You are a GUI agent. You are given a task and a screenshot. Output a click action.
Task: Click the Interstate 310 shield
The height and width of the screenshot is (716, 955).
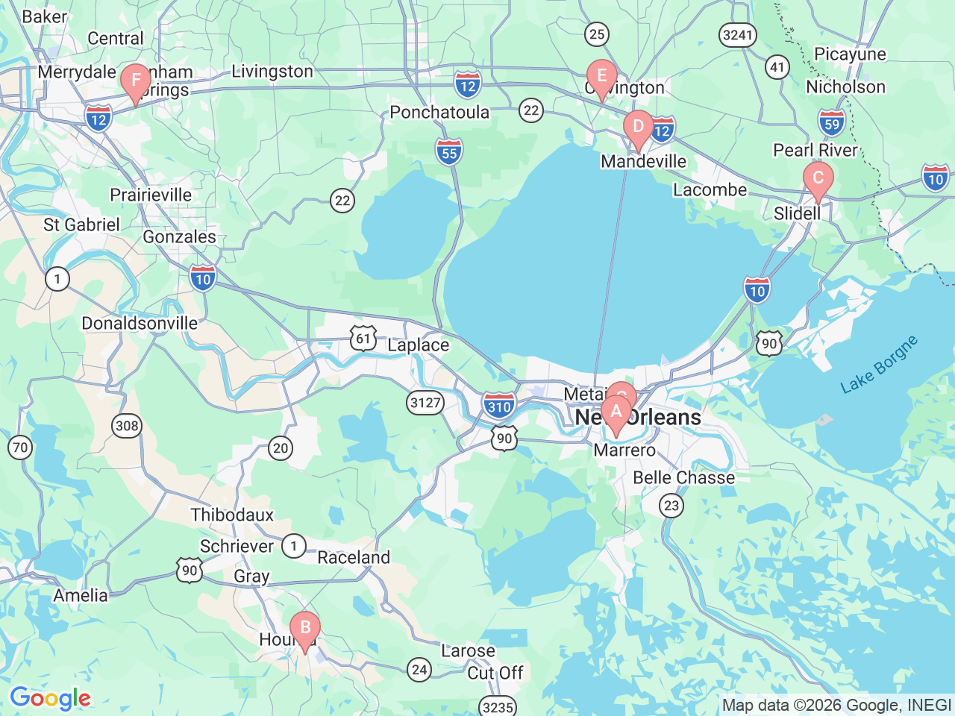pos(498,406)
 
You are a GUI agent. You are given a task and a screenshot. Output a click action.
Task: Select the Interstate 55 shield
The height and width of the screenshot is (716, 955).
pos(448,153)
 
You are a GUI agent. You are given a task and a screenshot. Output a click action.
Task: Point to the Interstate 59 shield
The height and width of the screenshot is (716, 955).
pos(832,124)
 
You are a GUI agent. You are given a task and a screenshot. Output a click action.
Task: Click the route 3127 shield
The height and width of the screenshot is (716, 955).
pos(425,403)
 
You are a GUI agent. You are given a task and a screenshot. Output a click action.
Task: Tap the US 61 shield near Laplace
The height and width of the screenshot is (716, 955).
pos(363,339)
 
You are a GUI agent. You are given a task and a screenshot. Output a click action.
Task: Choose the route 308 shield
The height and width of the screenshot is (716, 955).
pos(127,426)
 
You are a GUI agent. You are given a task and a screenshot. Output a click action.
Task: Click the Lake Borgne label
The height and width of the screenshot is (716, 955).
pos(879,365)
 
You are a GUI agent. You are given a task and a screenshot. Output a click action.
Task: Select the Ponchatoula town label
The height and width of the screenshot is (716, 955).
pos(439,113)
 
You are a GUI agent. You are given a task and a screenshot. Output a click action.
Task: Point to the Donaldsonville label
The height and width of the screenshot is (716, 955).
pos(140,324)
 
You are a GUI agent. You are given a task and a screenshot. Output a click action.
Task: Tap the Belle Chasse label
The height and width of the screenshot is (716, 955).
pos(683,477)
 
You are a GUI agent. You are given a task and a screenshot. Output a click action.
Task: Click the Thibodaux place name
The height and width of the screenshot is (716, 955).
pos(232,515)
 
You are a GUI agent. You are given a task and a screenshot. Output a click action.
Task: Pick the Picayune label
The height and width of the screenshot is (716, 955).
pos(850,54)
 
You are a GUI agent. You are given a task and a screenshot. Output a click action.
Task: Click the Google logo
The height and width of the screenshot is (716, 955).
pos(50,699)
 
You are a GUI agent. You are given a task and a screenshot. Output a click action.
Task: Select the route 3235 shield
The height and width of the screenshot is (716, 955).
pos(498,706)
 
